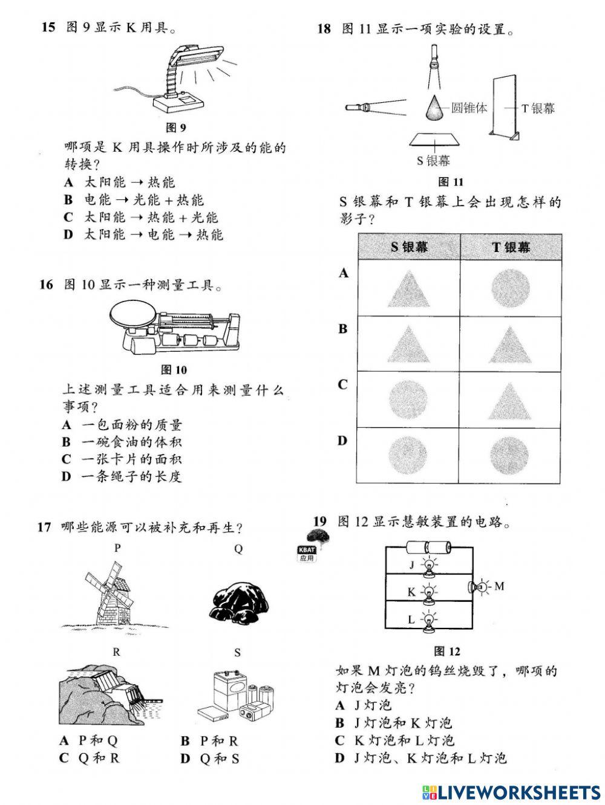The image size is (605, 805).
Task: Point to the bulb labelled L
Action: pos(429,619)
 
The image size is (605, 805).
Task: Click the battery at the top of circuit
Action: pos(429,548)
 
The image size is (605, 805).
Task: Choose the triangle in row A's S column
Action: pos(409,287)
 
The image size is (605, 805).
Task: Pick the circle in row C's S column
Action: pos(409,399)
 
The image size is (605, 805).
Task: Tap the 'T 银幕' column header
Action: pos(511,247)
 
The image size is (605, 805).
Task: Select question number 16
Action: pos(47,284)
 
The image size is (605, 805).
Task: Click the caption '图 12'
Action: pos(448,651)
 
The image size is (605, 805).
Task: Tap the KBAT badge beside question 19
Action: pos(307,553)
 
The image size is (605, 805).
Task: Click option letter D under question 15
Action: pos(68,234)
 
